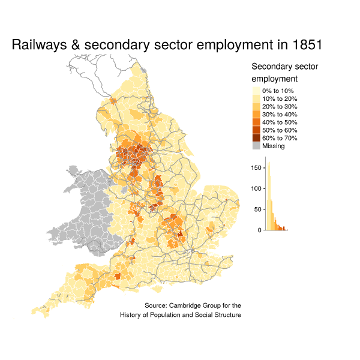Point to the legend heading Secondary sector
(285, 66)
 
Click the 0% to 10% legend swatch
(256, 91)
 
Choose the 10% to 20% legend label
(280, 98)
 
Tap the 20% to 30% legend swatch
(256, 106)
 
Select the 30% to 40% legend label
(280, 114)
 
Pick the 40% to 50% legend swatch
(256, 122)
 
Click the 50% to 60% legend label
(280, 130)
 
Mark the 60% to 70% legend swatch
(256, 138)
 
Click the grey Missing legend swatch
(256, 146)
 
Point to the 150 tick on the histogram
(257, 167)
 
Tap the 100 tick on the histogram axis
(257, 188)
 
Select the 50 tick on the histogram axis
(259, 209)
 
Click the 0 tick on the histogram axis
(260, 230)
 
